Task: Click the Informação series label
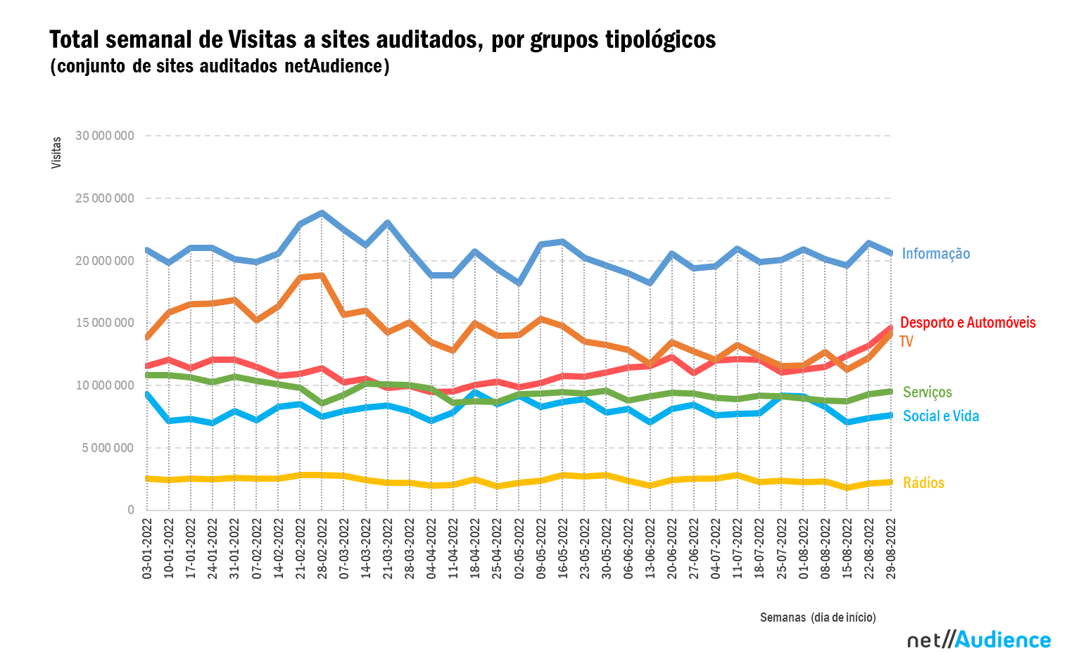pyautogui.click(x=935, y=254)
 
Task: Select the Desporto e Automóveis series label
pyautogui.click(x=968, y=323)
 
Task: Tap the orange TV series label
pyautogui.click(x=906, y=342)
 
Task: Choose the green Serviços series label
pyautogui.click(x=927, y=392)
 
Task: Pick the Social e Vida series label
pyautogui.click(x=940, y=416)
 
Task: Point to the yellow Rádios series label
pyautogui.click(x=923, y=483)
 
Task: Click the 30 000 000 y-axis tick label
pyautogui.click(x=104, y=136)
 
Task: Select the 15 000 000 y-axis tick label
pyautogui.click(x=104, y=323)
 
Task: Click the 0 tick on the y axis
pyautogui.click(x=130, y=511)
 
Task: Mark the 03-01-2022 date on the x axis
pyautogui.click(x=147, y=549)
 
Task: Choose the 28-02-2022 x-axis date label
pyautogui.click(x=322, y=549)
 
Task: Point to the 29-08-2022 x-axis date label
pyautogui.click(x=891, y=549)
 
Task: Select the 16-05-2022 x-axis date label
pyautogui.click(x=563, y=549)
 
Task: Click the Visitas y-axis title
pyautogui.click(x=56, y=153)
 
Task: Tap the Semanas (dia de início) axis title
pyautogui.click(x=818, y=617)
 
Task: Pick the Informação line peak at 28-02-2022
pyautogui.click(x=322, y=213)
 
